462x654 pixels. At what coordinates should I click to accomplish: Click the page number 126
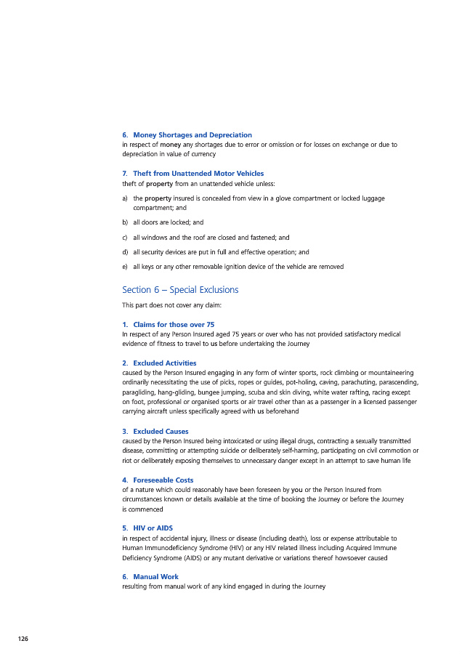(23, 638)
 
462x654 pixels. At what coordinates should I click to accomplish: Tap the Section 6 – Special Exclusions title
(180, 290)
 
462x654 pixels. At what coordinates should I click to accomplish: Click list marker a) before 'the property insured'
(126, 198)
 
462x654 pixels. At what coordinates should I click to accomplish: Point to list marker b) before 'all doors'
(126, 222)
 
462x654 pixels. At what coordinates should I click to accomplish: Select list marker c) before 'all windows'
(126, 237)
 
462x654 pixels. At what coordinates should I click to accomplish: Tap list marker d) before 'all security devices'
(126, 252)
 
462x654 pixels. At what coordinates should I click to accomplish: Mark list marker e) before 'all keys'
(126, 267)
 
